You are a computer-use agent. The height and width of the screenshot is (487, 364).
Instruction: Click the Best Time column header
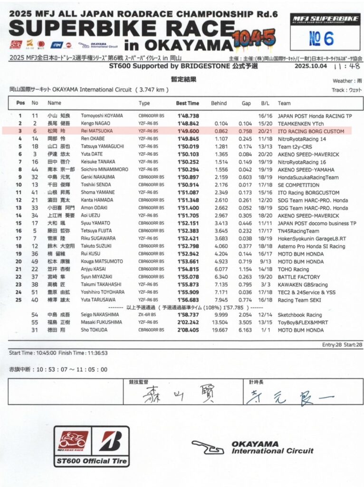coord(188,103)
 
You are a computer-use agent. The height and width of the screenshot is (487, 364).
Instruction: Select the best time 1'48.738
coord(188,116)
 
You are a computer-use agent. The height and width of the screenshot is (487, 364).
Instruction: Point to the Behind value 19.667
coord(220,330)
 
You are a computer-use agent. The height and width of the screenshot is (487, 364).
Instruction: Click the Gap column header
coord(246,103)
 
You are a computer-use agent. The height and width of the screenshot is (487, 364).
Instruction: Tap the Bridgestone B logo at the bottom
coord(111,441)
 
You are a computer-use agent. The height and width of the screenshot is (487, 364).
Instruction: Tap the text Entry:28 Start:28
coord(342,344)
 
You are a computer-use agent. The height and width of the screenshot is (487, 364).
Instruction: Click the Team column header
coord(284,103)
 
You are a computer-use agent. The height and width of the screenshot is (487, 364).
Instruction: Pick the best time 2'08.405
coord(188,330)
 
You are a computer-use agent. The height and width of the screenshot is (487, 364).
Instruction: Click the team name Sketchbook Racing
coord(300,315)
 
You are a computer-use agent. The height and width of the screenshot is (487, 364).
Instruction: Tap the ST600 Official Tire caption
coord(91,461)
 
